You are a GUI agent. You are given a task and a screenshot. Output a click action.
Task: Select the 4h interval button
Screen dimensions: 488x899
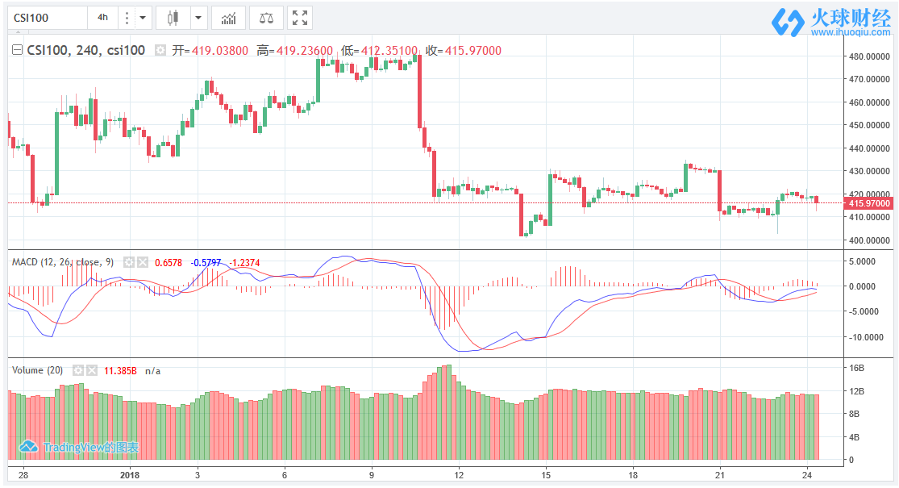(102, 17)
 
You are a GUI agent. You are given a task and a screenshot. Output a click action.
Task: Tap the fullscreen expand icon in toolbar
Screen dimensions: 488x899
(300, 17)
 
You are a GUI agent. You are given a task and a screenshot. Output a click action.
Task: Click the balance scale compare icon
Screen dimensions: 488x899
(265, 17)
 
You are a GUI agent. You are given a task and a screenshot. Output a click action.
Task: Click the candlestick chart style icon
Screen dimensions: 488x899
(172, 17)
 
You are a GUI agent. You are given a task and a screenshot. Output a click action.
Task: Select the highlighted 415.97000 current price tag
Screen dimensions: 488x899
(868, 204)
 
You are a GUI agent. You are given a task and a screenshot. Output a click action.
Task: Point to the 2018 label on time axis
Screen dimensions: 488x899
(130, 474)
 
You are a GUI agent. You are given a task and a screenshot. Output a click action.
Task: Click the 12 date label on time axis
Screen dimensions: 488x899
(458, 474)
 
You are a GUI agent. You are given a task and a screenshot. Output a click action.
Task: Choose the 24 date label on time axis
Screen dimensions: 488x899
(806, 474)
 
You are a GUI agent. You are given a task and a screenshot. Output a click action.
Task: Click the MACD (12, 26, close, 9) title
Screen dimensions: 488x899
(62, 262)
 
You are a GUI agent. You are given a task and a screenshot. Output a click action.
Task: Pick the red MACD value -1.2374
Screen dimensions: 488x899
(245, 262)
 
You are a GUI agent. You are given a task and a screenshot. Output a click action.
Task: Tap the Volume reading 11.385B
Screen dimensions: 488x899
(120, 370)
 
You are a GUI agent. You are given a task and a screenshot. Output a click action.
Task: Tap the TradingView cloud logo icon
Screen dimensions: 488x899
(29, 447)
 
